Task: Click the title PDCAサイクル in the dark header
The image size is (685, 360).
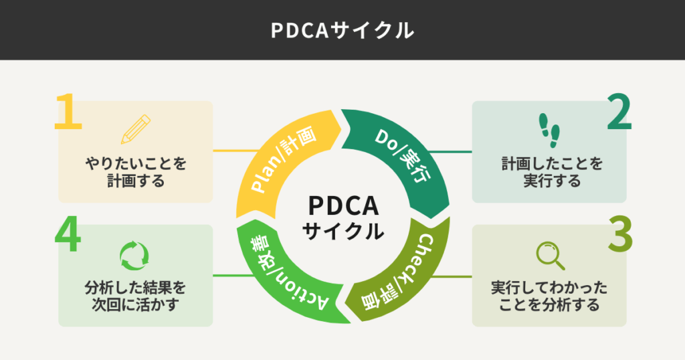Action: [x=342, y=30]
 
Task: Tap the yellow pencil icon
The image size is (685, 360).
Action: [x=136, y=129]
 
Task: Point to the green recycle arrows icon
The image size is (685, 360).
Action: [x=134, y=255]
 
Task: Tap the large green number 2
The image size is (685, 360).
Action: [x=619, y=113]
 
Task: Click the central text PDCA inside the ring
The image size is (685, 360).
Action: [x=342, y=205]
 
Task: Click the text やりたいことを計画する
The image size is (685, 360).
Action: [x=135, y=172]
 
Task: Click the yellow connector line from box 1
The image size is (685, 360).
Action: [x=234, y=151]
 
